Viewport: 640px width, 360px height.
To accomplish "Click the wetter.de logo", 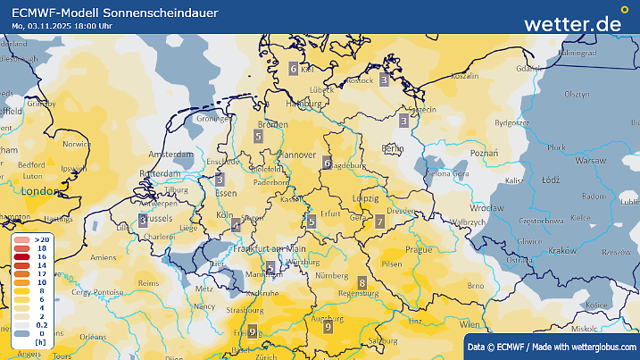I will (x=572, y=23).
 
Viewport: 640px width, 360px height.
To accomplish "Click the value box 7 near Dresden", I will (x=379, y=221).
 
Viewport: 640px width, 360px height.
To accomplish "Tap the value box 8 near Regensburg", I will (x=362, y=283).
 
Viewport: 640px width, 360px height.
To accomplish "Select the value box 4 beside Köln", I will (x=236, y=225).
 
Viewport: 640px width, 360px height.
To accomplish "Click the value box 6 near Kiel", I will (x=294, y=68).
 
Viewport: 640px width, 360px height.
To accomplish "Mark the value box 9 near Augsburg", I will (x=328, y=327).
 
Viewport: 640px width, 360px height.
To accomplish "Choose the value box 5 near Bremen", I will (x=258, y=136).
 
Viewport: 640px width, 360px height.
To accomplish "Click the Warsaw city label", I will (x=589, y=161).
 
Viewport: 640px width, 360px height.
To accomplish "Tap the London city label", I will (x=39, y=191).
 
